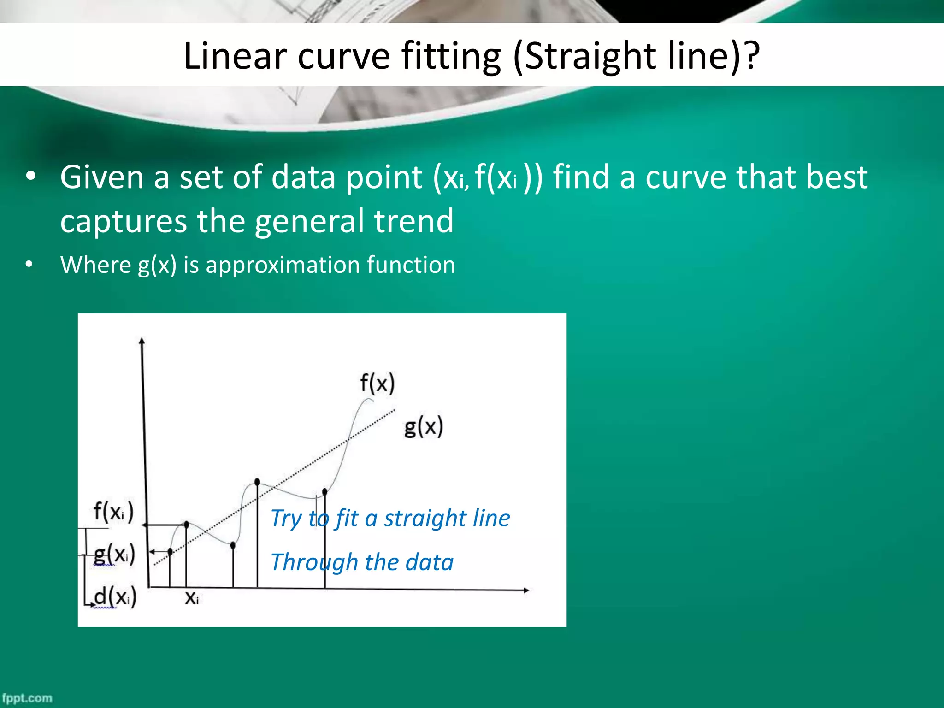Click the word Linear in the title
(236, 56)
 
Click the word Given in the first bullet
(102, 177)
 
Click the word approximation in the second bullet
(281, 265)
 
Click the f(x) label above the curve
(377, 383)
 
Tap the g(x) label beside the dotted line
(423, 426)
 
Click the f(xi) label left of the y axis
(113, 512)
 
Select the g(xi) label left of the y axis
(114, 555)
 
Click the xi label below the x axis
(192, 598)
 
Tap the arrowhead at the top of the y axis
(142, 341)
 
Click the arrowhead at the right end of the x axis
(526, 590)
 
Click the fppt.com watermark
(27, 698)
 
